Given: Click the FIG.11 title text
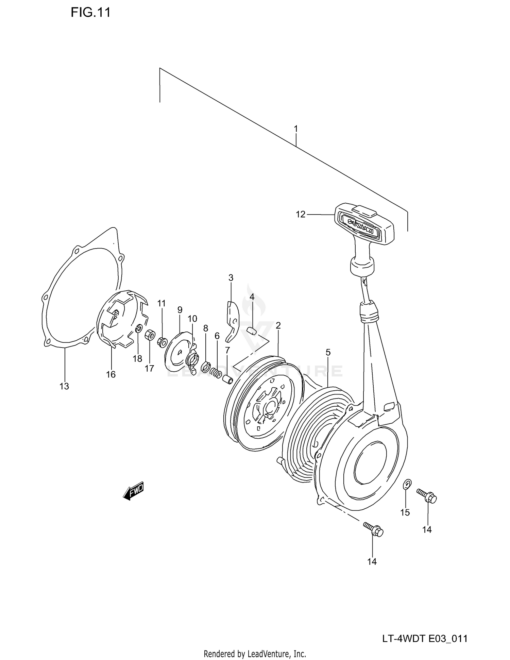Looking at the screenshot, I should coord(90,13).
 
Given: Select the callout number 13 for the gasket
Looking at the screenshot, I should coord(64,386).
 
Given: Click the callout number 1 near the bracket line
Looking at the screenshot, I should coord(296,129).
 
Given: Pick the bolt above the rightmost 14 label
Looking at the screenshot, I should coord(427,497).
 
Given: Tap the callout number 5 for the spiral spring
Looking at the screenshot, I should coord(328,353).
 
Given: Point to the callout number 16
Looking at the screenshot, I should coord(111,374).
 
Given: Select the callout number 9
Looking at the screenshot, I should coord(180,310).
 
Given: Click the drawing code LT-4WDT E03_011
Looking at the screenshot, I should coord(425,639).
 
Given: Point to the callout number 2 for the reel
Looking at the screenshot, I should coord(278,325).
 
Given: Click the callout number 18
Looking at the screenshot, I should coord(137,359).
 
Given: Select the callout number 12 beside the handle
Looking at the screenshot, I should coord(301,215).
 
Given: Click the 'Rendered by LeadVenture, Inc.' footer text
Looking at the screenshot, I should coord(255,654).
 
